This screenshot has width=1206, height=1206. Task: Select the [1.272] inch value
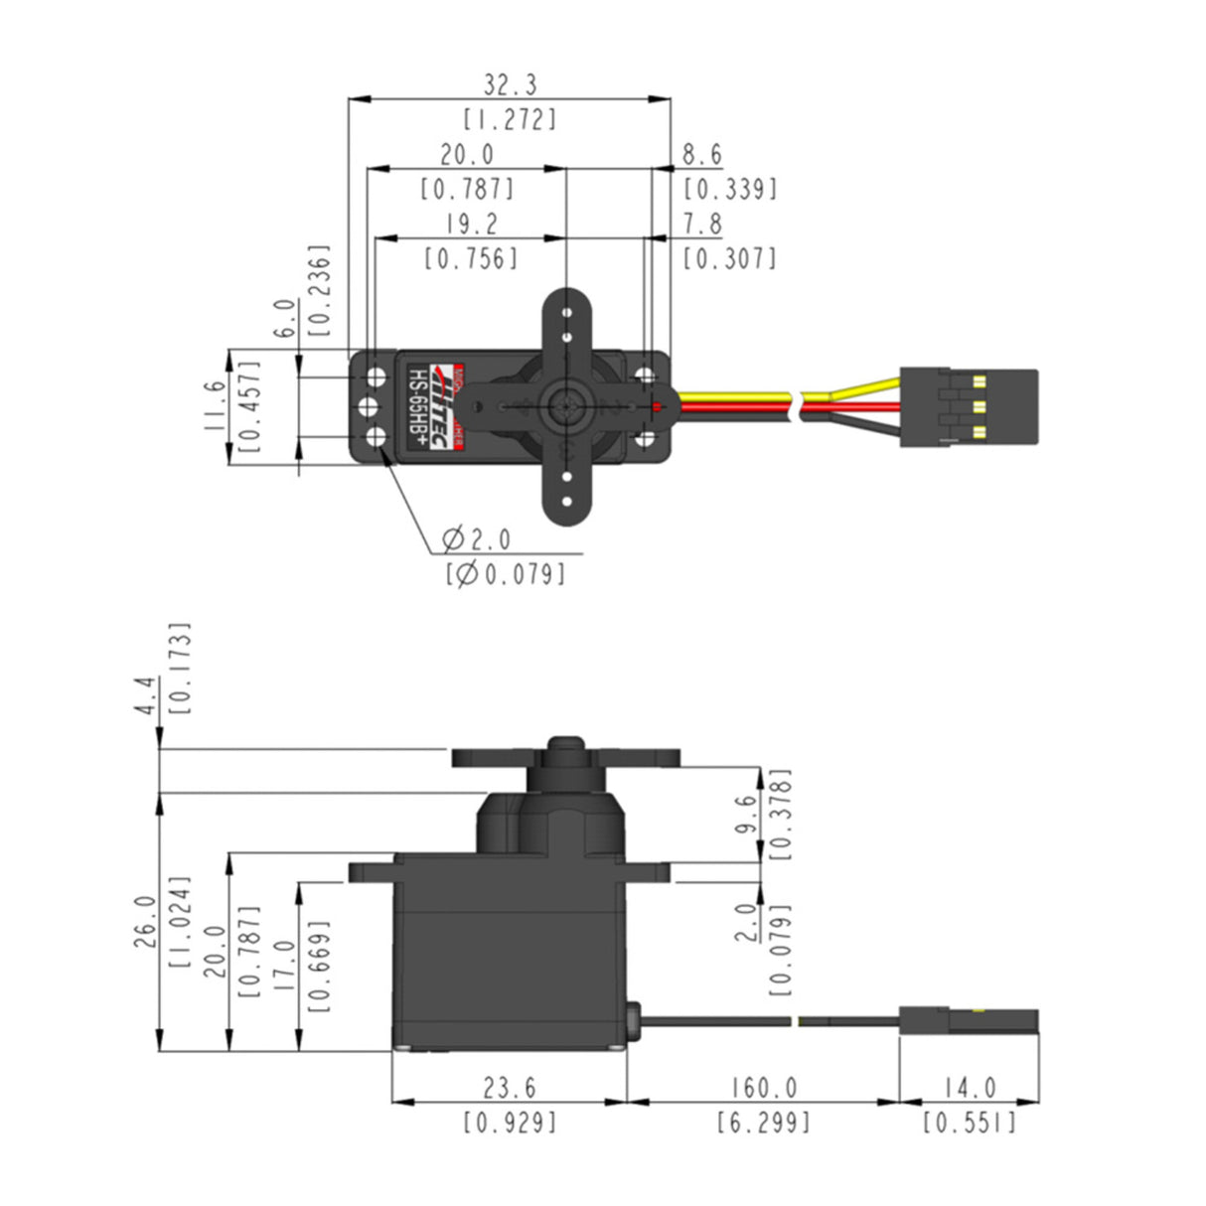[x=511, y=120]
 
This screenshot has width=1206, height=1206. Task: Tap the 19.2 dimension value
[x=472, y=224]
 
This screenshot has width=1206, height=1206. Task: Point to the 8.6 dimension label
[x=702, y=155]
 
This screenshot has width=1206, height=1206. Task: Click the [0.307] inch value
[x=729, y=258]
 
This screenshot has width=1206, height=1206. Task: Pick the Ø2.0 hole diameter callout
[x=478, y=540]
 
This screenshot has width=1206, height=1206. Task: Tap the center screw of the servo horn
[x=564, y=405]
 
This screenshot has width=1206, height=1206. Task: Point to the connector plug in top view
[x=969, y=407]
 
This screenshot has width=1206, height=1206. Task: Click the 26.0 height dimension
[x=145, y=921]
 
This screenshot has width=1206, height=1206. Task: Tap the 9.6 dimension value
[x=748, y=815]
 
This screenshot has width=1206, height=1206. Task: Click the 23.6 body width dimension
[x=510, y=1089]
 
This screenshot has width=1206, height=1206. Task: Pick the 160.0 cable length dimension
[x=763, y=1089]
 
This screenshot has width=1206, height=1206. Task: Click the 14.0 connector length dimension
[x=969, y=1089]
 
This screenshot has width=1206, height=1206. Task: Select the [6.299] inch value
[x=763, y=1124]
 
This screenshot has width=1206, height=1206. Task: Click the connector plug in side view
[x=969, y=1020]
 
